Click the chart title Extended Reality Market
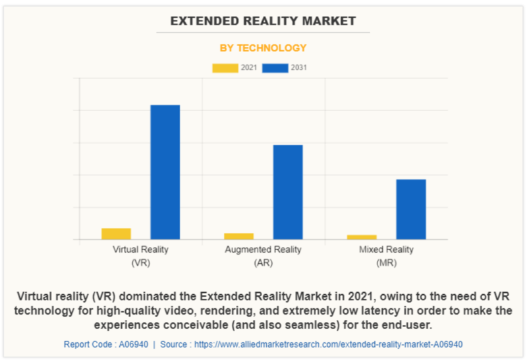(x=263, y=21)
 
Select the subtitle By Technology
(x=263, y=48)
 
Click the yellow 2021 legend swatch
(x=225, y=68)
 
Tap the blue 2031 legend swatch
(x=275, y=68)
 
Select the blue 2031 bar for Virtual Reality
(x=165, y=172)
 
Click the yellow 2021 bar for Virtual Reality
(x=116, y=234)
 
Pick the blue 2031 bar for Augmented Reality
(x=288, y=192)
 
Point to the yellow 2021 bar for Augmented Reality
(x=238, y=236)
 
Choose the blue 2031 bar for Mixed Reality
(x=411, y=209)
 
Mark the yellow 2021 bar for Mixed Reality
(x=362, y=237)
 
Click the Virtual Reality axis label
(x=140, y=250)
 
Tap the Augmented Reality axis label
(x=263, y=250)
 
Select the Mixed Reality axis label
(x=386, y=250)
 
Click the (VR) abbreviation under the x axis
(x=140, y=263)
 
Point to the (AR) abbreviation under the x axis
(x=263, y=263)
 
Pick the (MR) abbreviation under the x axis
(x=386, y=263)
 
